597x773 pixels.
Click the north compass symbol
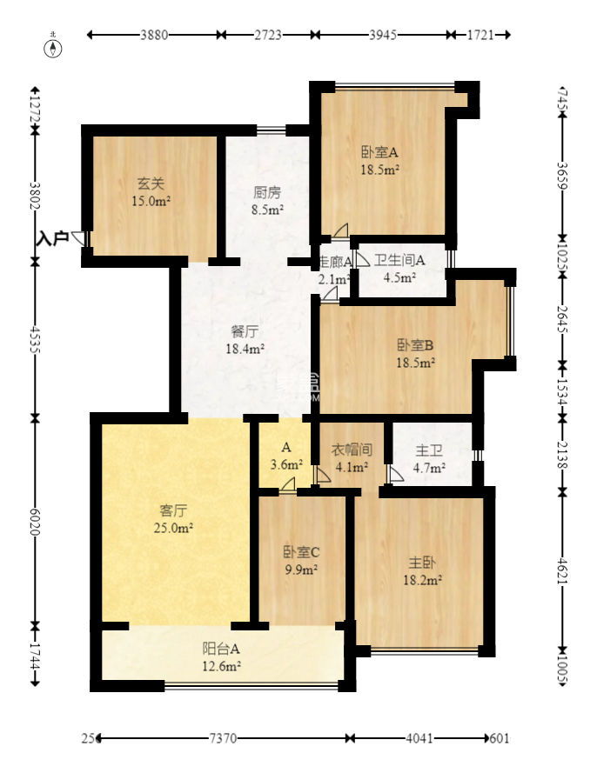[55, 48]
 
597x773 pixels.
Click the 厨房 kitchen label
[267, 192]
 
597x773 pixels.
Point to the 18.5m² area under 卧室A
[380, 170]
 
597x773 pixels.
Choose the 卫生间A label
[399, 260]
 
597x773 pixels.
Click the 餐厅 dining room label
[245, 331]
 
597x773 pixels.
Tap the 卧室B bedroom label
[416, 343]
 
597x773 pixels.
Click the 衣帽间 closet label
[352, 450]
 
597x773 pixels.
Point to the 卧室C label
[301, 551]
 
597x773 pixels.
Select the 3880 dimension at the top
[153, 36]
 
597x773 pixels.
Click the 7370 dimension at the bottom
[224, 738]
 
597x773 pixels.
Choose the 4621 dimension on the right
[562, 570]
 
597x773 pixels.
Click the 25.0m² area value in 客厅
[175, 527]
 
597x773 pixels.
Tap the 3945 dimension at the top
[383, 36]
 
